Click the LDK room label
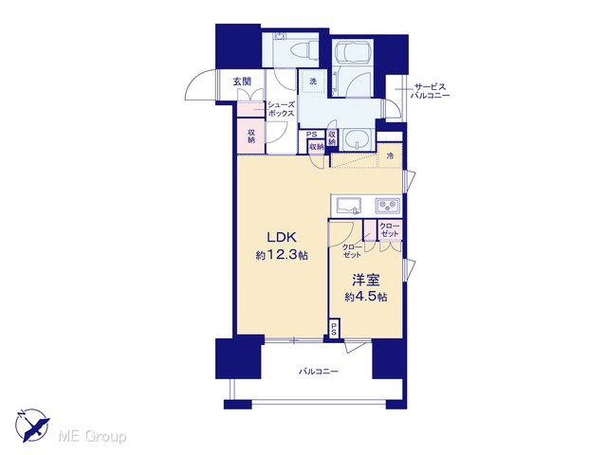point(282,237)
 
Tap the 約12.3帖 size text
point(282,255)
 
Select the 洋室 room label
point(365,280)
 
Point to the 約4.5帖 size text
point(366,297)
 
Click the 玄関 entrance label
point(242,82)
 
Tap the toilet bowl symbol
point(303,52)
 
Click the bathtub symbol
point(353,51)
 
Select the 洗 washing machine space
point(313,82)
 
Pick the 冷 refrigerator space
point(390,155)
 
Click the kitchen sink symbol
point(348,205)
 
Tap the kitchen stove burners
point(388,205)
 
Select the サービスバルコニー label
point(432,91)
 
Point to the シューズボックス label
point(281,109)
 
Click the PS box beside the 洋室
point(334,328)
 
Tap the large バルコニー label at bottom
point(319,372)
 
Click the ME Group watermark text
point(92,436)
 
